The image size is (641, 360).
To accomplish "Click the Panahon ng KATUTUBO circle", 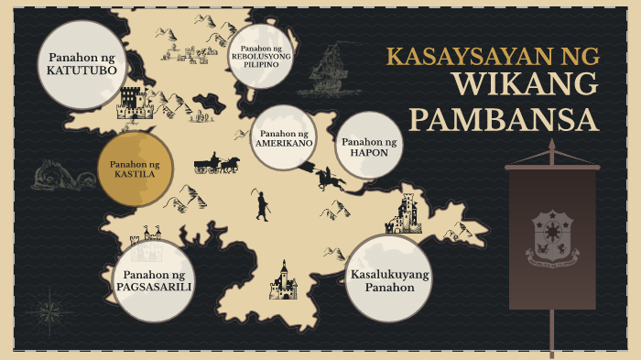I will tap(80, 64).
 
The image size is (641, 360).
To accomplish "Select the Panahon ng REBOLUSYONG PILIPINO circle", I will tap(260, 55).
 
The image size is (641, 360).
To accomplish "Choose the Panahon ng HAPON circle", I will tap(369, 147).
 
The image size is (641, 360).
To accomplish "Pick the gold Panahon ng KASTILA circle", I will tap(136, 169).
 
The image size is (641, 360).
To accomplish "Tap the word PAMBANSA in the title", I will tap(503, 119).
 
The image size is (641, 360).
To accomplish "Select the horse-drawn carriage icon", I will tap(216, 165).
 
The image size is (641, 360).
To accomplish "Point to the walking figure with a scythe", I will tap(263, 205).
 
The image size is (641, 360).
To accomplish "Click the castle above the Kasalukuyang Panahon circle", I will tap(406, 215).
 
